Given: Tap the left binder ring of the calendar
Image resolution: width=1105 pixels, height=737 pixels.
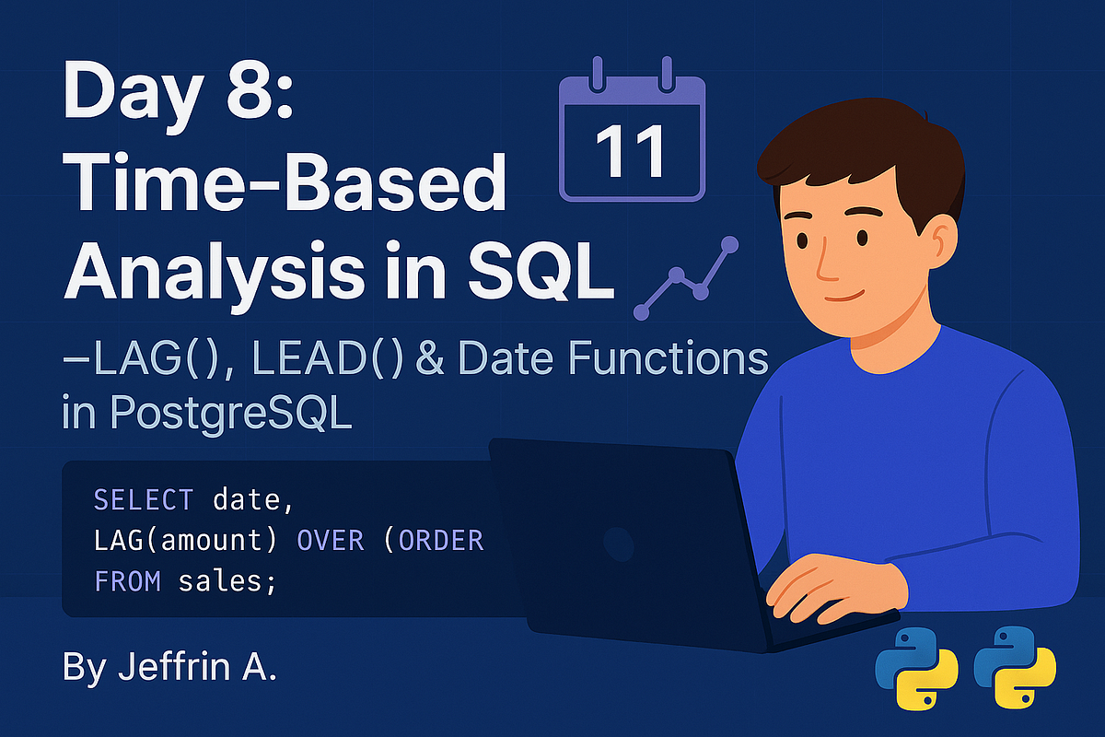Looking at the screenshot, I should point(598,72).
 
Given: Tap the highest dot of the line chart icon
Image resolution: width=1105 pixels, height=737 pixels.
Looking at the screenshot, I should point(730,244).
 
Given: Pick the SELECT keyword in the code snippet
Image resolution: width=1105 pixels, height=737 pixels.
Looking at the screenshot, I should point(144,500).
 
